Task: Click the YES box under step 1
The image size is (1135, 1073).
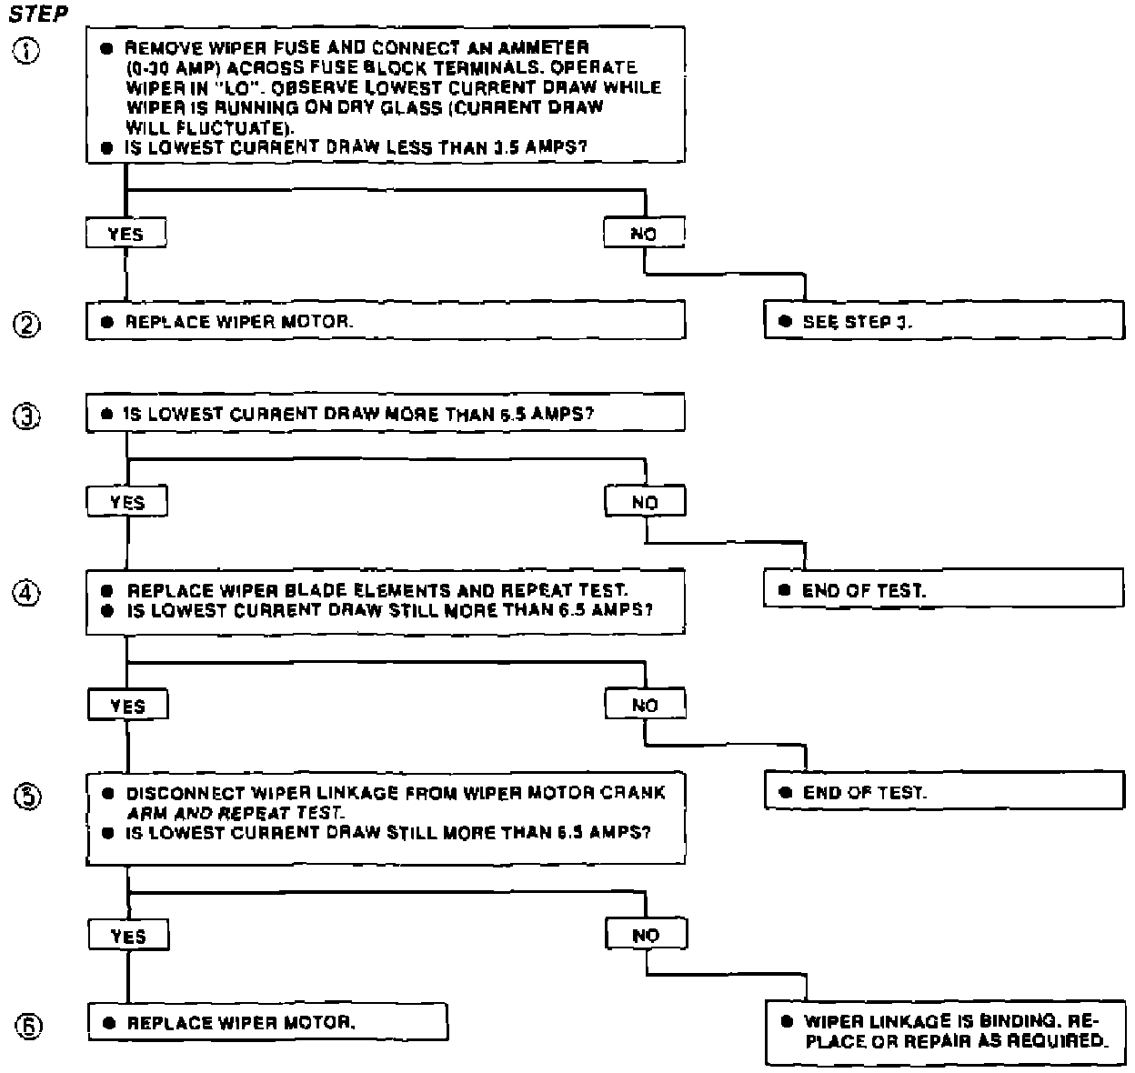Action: tap(126, 234)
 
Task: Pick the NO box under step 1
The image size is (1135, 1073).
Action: tap(644, 234)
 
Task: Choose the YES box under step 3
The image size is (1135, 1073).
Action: tap(127, 502)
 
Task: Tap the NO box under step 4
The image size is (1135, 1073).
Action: tap(645, 705)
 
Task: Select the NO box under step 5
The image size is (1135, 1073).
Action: tap(646, 935)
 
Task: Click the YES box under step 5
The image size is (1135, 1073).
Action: tap(128, 936)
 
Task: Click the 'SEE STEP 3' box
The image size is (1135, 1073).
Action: tap(944, 321)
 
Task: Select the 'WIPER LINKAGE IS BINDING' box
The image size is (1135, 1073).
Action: tap(944, 1032)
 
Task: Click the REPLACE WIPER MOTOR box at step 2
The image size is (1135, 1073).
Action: tap(386, 321)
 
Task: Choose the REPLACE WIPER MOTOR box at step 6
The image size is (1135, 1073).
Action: tap(267, 1022)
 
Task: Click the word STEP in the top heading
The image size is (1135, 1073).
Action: tap(38, 15)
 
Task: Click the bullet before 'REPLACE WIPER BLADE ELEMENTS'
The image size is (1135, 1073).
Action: tap(108, 591)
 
